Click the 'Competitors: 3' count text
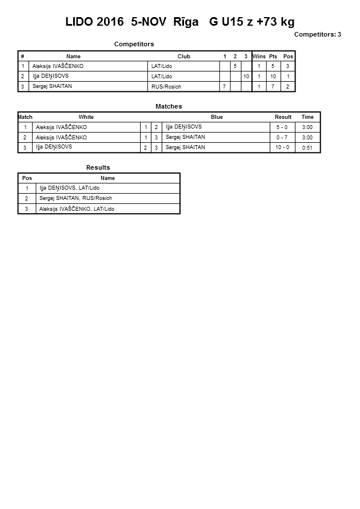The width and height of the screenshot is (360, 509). click(x=317, y=35)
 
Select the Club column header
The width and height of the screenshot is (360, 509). click(x=184, y=57)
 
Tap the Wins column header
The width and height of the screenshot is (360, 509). click(x=259, y=57)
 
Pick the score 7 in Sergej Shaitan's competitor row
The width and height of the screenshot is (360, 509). click(x=225, y=87)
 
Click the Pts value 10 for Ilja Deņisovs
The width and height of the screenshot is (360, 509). click(x=273, y=77)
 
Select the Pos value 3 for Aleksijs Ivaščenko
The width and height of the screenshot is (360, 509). click(x=288, y=66)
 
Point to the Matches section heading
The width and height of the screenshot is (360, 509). click(x=169, y=107)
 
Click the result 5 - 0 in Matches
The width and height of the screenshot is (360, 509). click(x=282, y=127)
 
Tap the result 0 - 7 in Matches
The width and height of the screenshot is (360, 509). click(x=282, y=138)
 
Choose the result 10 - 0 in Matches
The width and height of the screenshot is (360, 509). click(x=282, y=147)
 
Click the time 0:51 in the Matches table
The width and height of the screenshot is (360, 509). click(x=307, y=147)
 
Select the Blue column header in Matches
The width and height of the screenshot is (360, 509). click(x=217, y=117)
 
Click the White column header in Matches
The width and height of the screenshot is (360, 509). click(x=86, y=117)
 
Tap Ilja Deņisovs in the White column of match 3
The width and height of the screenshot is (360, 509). click(x=54, y=147)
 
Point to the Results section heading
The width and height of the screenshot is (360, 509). click(x=98, y=168)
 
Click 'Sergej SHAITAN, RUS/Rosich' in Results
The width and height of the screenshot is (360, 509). click(x=75, y=198)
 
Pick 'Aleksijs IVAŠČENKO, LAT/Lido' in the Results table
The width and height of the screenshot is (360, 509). click(x=77, y=209)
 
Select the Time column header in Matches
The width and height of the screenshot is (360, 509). click(x=307, y=117)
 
